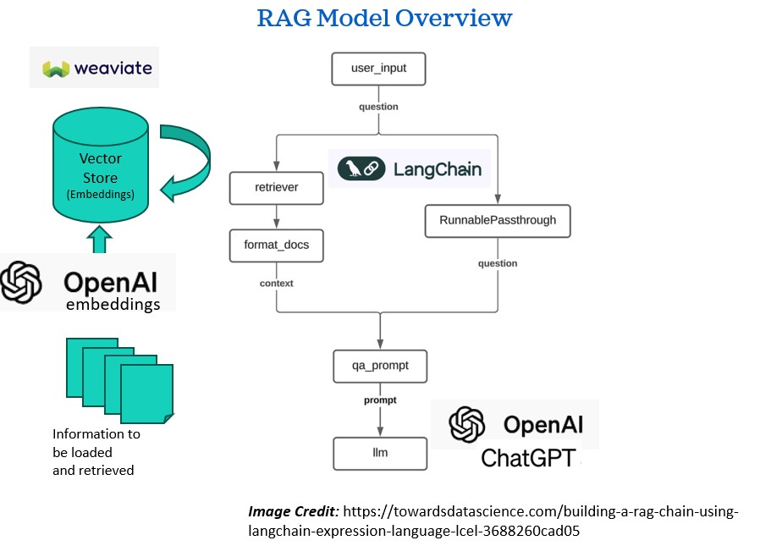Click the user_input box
(x=378, y=69)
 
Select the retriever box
(x=276, y=187)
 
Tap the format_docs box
(x=276, y=245)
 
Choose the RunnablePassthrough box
(x=498, y=220)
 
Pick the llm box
(x=380, y=453)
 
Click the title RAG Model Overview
(x=384, y=18)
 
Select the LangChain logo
(x=410, y=169)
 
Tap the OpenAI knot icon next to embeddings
(x=22, y=282)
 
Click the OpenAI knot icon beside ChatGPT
(x=467, y=425)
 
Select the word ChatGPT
(x=528, y=458)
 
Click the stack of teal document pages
(x=119, y=378)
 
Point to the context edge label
(x=276, y=284)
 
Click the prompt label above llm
(x=380, y=400)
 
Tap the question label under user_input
(x=378, y=108)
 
